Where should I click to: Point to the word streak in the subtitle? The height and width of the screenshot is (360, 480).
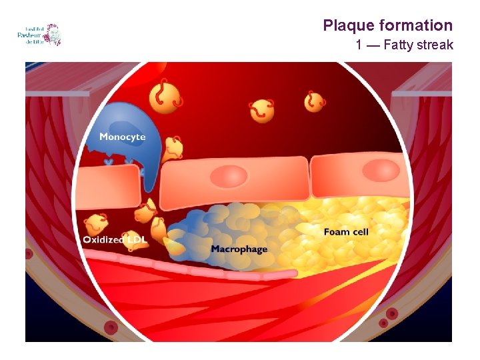point(436,45)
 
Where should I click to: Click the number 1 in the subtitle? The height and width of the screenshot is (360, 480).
point(359,45)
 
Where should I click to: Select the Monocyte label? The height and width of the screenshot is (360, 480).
point(122,137)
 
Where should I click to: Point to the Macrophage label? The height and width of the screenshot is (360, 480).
point(239,249)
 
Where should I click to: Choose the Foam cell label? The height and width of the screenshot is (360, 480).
point(346,232)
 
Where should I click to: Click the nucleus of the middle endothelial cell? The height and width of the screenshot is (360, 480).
point(229,177)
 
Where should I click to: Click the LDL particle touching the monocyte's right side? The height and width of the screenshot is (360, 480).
point(173,148)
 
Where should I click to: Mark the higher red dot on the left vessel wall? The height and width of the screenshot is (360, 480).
point(28,254)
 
